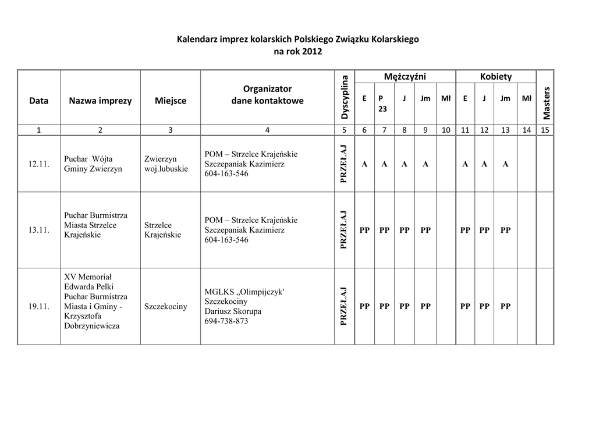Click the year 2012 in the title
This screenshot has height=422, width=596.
click(311, 51)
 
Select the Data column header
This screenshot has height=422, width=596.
click(38, 100)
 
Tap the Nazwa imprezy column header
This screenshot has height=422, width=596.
click(100, 100)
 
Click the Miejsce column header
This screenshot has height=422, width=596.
click(171, 100)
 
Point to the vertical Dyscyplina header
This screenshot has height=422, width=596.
click(344, 97)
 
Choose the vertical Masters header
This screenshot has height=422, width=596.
click(545, 102)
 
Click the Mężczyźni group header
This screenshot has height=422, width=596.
click(405, 76)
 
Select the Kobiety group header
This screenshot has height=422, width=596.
click(496, 76)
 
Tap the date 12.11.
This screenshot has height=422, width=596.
click(38, 164)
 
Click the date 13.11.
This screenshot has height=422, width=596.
click(38, 230)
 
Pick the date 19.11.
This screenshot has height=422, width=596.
click(38, 306)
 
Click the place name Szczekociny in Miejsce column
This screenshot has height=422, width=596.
click(166, 306)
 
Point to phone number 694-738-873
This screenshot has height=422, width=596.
click(226, 321)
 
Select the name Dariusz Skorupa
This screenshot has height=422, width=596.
click(233, 311)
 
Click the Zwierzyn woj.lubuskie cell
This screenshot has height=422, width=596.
click(166, 164)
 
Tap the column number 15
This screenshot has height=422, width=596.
click(545, 130)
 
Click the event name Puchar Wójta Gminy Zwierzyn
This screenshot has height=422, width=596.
click(93, 164)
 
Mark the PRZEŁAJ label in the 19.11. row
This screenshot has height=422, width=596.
click(344, 306)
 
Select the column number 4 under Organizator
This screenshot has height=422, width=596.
click(267, 130)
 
